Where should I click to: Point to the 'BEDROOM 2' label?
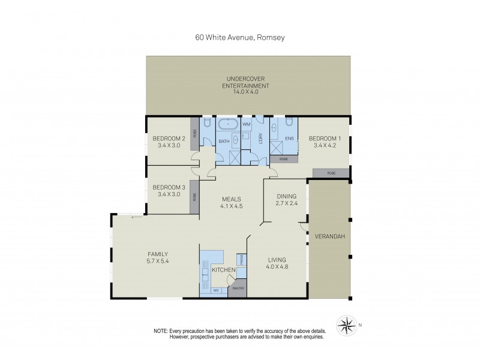(168, 139)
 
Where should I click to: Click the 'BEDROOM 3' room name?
(168, 187)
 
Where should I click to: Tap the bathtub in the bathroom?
(228, 125)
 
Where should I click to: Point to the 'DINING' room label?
(286, 196)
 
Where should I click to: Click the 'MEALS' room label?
(231, 200)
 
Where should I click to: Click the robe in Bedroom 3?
(194, 196)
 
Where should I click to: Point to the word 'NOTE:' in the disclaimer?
(161, 331)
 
